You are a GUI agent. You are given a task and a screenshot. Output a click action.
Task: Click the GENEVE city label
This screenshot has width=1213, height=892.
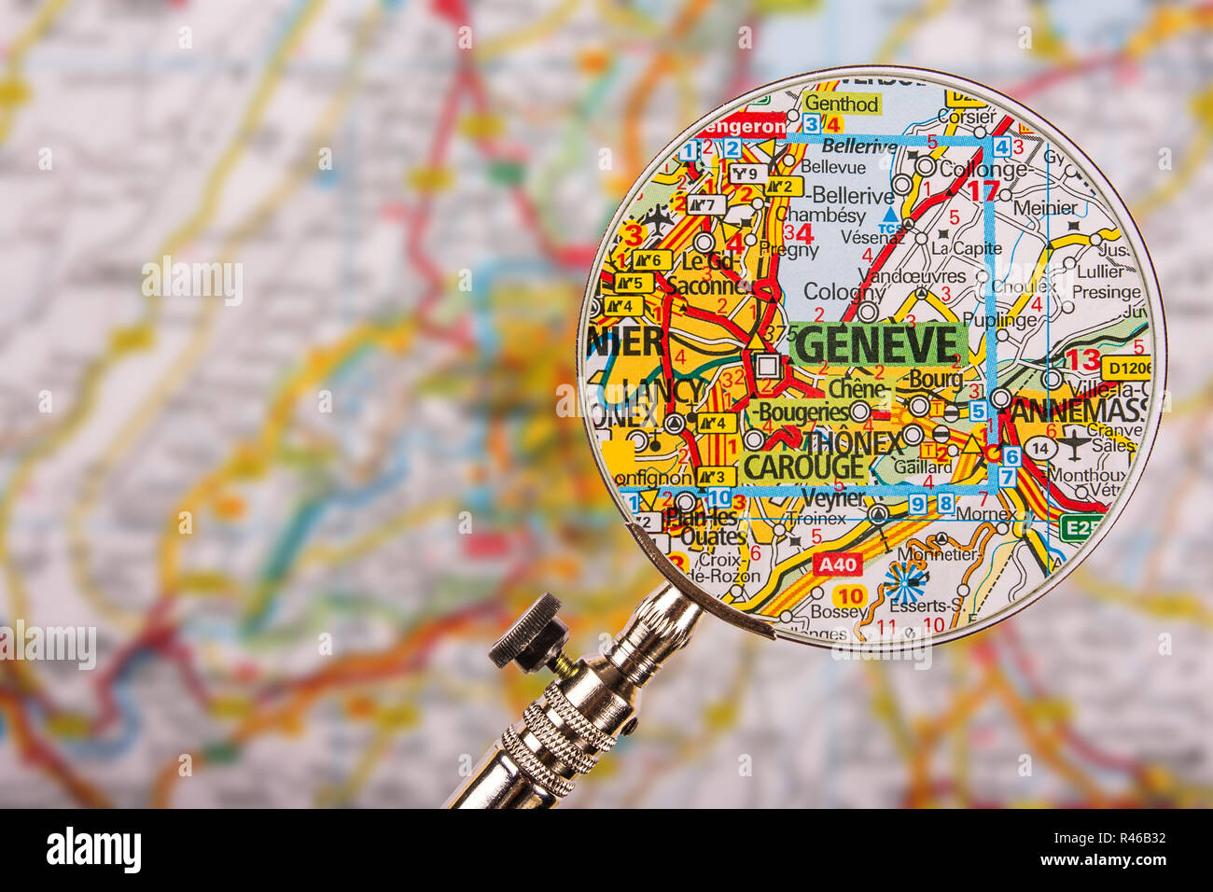click(877, 344)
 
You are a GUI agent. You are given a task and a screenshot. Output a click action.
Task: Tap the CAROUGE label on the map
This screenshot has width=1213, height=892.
click(804, 466)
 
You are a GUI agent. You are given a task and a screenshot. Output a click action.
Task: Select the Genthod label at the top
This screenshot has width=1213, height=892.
click(841, 104)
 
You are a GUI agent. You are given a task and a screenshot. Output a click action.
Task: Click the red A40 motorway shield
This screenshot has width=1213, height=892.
click(836, 564)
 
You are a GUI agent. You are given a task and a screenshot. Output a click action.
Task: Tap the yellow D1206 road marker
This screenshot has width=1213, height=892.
click(1124, 368)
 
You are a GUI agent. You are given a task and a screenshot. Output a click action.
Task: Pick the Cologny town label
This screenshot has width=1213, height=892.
click(844, 291)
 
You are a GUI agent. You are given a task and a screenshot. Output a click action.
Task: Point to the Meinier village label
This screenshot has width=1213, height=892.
click(1044, 208)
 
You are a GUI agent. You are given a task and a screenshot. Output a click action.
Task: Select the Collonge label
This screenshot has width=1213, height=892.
click(983, 170)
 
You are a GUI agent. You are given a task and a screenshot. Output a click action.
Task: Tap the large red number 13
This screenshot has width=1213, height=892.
click(1082, 359)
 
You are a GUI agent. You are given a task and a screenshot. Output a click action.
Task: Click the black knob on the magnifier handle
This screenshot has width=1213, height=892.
click(529, 634)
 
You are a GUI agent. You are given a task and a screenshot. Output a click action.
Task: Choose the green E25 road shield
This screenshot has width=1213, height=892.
click(1081, 529)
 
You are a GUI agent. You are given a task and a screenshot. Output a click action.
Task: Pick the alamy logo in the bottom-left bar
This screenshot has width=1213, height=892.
click(93, 850)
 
